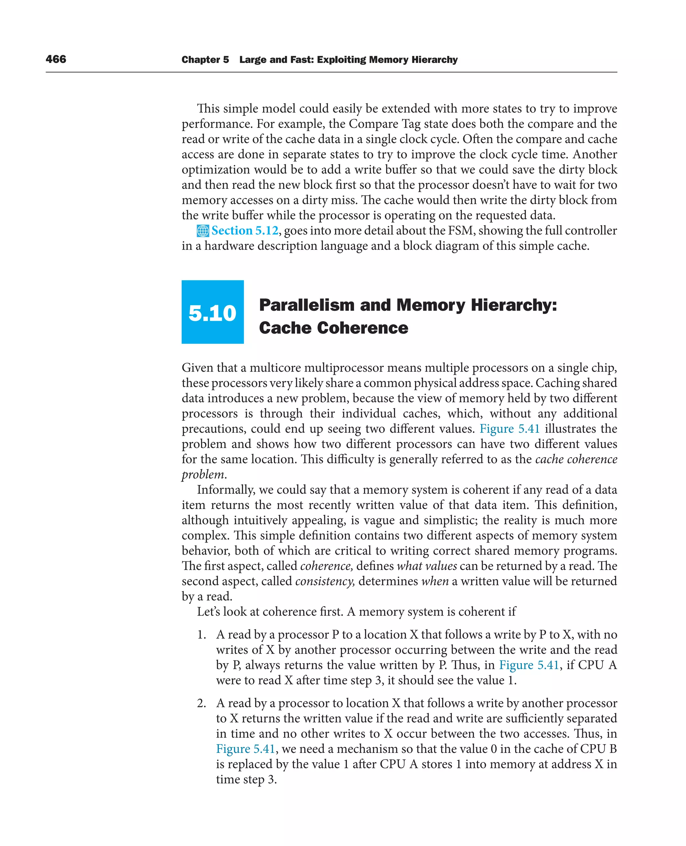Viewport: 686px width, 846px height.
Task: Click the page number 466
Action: [x=56, y=59]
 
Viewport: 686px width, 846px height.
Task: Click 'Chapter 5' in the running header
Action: [x=205, y=60]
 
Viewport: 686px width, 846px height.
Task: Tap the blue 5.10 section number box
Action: [x=212, y=312]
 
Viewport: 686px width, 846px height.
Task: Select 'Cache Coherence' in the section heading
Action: [x=333, y=328]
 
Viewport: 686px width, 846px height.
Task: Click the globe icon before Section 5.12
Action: [x=202, y=231]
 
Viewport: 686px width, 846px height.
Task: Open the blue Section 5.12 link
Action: [x=245, y=230]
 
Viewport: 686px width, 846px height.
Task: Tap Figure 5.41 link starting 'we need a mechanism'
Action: [x=245, y=749]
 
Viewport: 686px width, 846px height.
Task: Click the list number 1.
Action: [x=202, y=635]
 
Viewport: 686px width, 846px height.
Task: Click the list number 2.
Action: [x=202, y=703]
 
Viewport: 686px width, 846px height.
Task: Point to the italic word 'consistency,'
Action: [x=325, y=582]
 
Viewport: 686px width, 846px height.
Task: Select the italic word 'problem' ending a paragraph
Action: [x=203, y=475]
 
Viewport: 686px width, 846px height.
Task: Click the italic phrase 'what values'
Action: [x=427, y=566]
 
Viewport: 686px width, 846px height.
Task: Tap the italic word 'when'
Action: [x=435, y=582]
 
